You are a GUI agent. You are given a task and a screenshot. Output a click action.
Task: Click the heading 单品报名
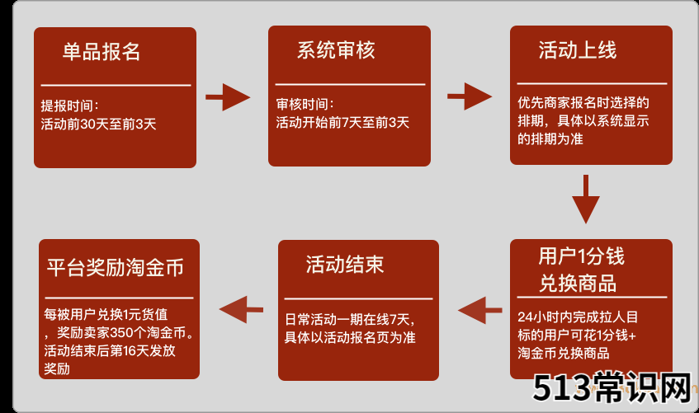click(x=102, y=52)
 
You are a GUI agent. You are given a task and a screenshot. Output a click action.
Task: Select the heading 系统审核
click(x=336, y=50)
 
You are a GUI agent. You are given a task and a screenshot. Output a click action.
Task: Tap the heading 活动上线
click(x=578, y=50)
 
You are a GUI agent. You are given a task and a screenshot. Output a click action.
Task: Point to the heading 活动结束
click(x=345, y=264)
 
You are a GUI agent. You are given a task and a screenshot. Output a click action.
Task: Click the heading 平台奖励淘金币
click(x=116, y=268)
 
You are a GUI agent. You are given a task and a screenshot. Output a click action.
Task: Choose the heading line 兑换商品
click(x=578, y=283)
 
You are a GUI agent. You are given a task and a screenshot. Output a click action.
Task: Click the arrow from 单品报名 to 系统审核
click(x=228, y=97)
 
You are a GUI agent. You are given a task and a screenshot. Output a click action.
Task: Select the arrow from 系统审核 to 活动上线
click(x=470, y=96)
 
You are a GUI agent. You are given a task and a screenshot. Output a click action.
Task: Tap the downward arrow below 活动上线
click(x=586, y=199)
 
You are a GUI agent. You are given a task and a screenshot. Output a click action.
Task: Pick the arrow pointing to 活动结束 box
click(x=479, y=310)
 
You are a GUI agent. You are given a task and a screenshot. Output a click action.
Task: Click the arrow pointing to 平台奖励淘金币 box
click(x=241, y=310)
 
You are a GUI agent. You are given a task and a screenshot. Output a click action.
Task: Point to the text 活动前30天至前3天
click(x=98, y=124)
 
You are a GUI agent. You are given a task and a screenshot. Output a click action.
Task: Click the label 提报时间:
click(x=69, y=106)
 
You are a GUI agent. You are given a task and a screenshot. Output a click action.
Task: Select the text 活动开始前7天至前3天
click(x=342, y=123)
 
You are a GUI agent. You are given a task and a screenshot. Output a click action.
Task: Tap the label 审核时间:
click(x=305, y=104)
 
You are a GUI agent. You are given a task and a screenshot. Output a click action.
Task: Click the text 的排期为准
click(x=550, y=139)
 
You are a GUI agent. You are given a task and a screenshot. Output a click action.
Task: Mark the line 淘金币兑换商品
click(x=564, y=354)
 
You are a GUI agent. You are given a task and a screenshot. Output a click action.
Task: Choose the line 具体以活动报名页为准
click(x=350, y=337)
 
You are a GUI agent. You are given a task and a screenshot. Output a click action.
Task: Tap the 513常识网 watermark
click(x=612, y=387)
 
